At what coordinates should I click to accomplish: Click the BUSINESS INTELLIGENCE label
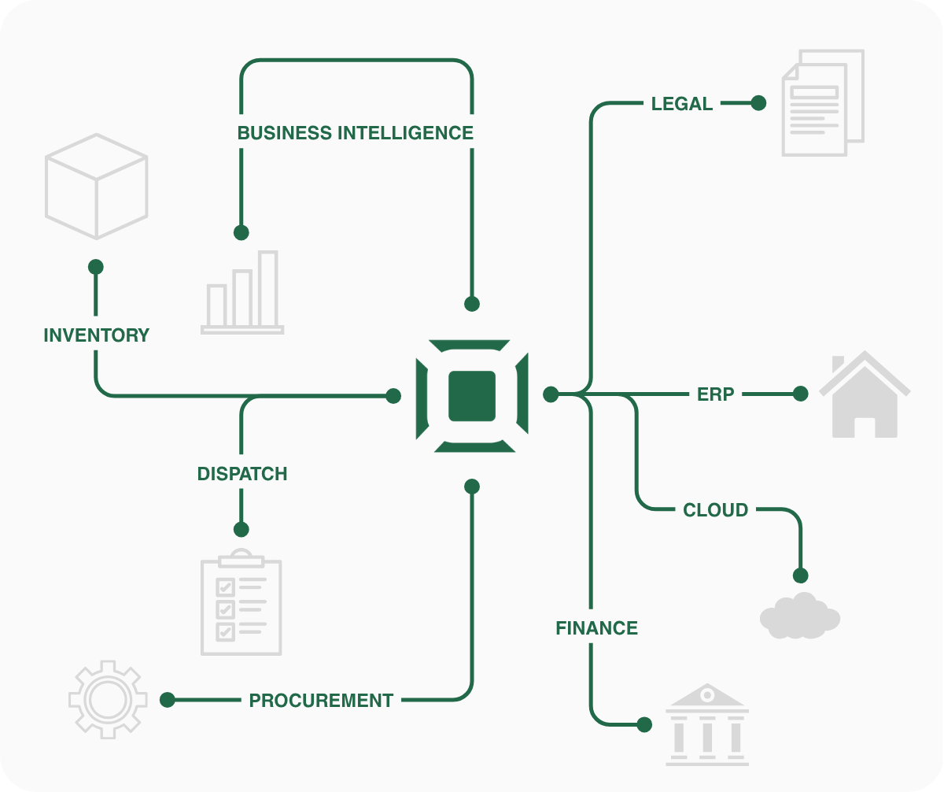356,133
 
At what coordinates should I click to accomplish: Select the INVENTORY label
96,335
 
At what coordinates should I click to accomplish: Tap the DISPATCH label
242,474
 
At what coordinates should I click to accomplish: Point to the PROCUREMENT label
321,700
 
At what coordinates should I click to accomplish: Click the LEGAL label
682,104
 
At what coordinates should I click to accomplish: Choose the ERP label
715,394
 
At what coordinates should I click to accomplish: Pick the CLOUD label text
715,510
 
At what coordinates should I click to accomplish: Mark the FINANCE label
596,628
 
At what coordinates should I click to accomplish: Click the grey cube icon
96,187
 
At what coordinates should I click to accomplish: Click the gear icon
108,699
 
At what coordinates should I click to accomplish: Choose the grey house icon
865,396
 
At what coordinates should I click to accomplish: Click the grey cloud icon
800,616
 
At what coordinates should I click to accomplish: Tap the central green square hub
472,396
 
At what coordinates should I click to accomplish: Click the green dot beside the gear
168,699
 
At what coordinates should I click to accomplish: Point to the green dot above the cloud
801,575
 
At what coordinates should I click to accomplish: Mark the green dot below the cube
96,267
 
